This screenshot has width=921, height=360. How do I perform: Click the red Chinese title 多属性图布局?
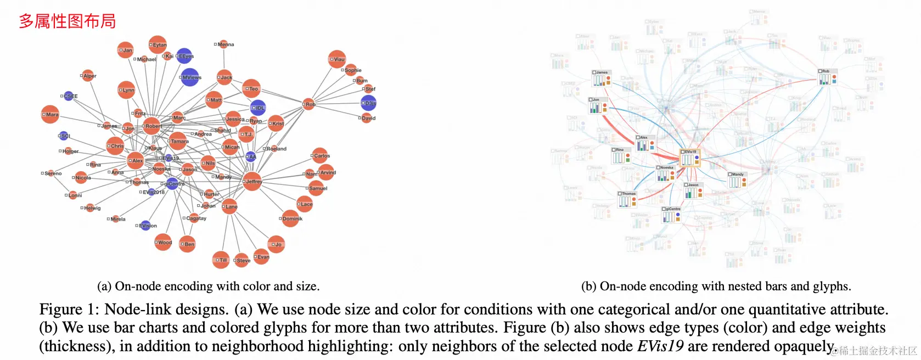[x=68, y=21]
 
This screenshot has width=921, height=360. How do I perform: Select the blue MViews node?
[x=190, y=77]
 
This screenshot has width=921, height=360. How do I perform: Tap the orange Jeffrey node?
[x=252, y=181]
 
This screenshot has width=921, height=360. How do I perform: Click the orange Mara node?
[x=50, y=114]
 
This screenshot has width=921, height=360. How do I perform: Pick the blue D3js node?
[x=368, y=103]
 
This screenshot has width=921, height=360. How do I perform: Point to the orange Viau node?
[x=337, y=59]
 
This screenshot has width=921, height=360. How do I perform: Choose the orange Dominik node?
[x=290, y=218]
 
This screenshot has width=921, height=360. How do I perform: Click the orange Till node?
[x=221, y=260]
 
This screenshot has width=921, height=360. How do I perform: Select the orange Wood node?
[x=163, y=242]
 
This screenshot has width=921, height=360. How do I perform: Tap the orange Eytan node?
[x=158, y=45]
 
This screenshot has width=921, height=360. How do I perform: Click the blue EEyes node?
[x=184, y=56]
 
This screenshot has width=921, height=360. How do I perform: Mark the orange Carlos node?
[x=321, y=156]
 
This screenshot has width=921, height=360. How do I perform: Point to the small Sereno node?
[x=50, y=173]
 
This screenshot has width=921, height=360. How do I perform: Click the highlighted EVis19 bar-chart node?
[x=689, y=159]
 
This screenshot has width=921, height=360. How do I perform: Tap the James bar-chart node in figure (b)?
[x=602, y=79]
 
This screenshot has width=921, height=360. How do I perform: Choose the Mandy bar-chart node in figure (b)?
[x=737, y=181]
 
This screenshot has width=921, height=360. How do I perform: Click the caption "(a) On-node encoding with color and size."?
[x=208, y=286]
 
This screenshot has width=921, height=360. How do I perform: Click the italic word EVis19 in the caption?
[x=660, y=346]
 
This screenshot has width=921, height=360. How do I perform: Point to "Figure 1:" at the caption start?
[x=69, y=310]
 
